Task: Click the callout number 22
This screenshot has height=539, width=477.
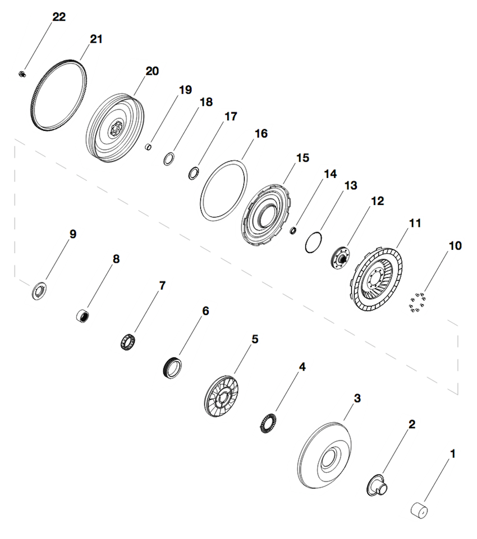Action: coord(59,17)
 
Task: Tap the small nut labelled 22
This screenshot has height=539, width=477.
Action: coord(21,73)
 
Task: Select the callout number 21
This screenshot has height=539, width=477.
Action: coord(97,39)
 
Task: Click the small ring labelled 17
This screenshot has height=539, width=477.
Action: coord(193,172)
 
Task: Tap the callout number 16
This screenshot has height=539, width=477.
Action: coord(260,134)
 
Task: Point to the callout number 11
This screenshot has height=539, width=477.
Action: coord(414,223)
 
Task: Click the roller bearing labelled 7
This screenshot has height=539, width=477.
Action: coord(130,341)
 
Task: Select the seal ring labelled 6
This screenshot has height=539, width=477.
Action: coord(172,368)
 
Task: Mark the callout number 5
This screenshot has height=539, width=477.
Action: coord(255,339)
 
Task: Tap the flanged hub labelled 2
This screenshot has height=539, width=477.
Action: coord(377,484)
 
